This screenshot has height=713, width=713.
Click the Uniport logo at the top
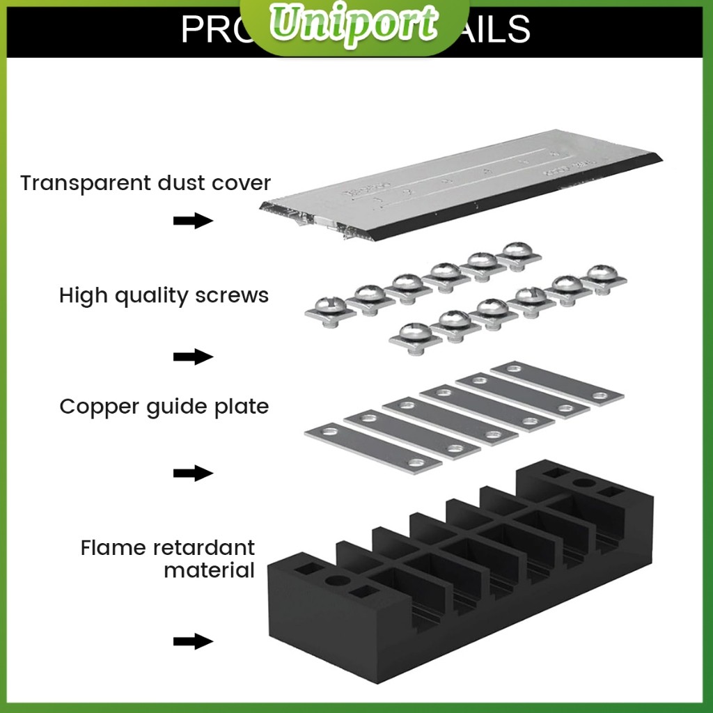356,25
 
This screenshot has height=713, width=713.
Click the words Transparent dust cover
145,183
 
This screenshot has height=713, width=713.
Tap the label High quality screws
164,295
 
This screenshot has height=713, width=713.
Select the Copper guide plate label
164,406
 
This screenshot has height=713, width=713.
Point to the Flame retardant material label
167,558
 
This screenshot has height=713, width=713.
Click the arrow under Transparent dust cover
192,221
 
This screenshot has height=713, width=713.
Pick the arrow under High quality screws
192,357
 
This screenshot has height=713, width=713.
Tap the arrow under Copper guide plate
192,473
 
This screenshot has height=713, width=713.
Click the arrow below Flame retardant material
192,641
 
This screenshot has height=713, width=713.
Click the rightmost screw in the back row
519,253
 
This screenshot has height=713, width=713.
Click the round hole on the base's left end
336,580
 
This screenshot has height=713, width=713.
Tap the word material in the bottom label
209,571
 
